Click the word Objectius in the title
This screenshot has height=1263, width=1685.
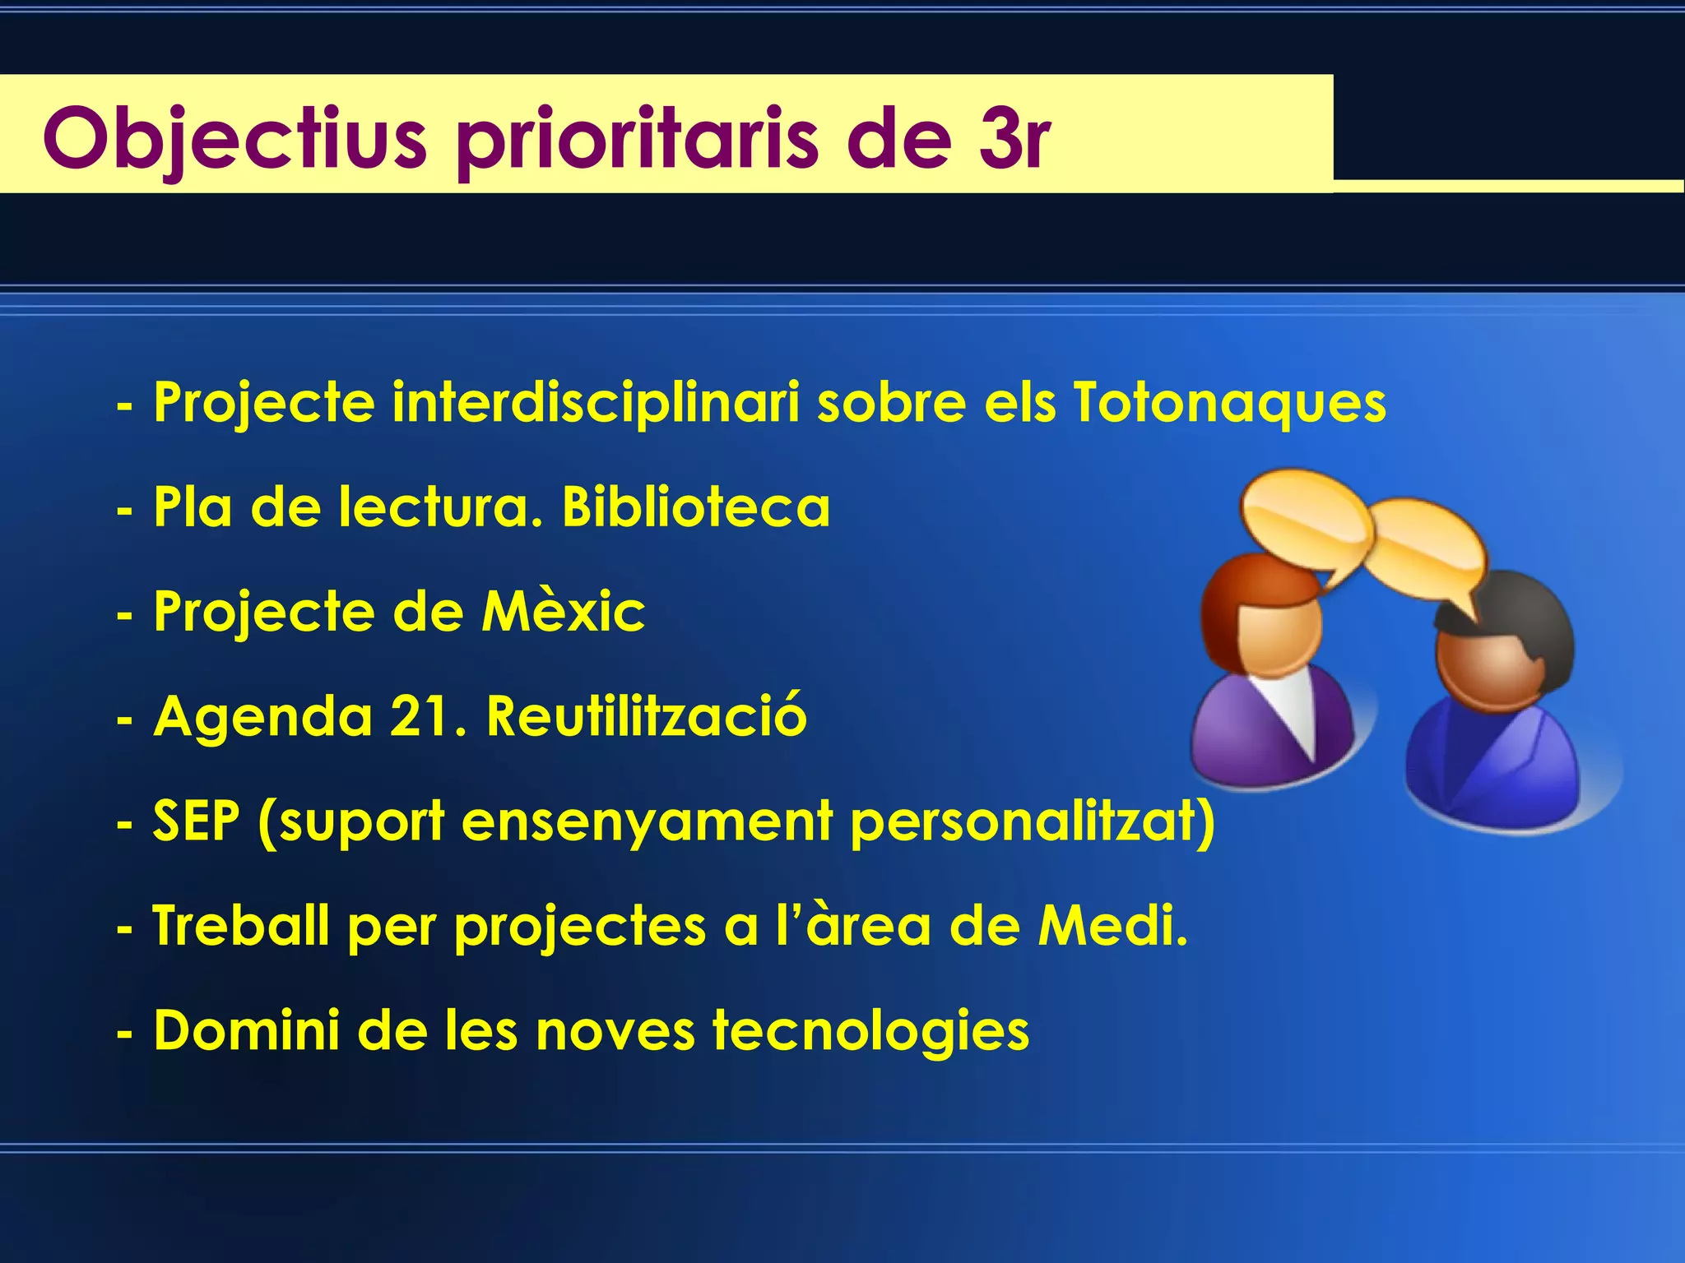(x=235, y=136)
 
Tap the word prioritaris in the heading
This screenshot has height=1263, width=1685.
(x=638, y=136)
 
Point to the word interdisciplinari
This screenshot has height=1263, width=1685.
(x=595, y=403)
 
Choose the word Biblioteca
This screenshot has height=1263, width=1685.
(x=695, y=507)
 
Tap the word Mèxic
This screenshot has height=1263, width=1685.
(x=564, y=612)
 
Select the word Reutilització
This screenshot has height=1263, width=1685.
(x=646, y=716)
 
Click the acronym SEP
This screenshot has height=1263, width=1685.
(x=197, y=821)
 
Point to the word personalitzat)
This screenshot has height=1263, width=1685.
(x=1033, y=821)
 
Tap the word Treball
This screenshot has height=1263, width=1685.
(x=241, y=926)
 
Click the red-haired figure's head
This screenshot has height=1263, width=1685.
(x=1263, y=617)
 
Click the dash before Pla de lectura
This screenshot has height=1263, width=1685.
(x=124, y=511)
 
